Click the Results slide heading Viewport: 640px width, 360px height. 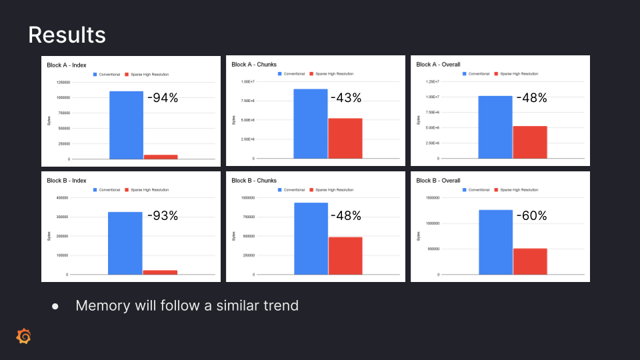pyautogui.click(x=67, y=35)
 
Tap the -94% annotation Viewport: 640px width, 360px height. pyautogui.click(x=163, y=98)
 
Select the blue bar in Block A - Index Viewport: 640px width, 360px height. pyautogui.click(x=127, y=125)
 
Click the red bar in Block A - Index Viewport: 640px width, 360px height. pyautogui.click(x=161, y=157)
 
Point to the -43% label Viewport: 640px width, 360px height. pyautogui.click(x=346, y=98)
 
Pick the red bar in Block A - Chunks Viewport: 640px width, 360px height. pyautogui.click(x=345, y=138)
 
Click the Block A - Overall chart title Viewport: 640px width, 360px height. pyautogui.click(x=437, y=65)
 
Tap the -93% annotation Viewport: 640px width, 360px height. pyautogui.click(x=162, y=216)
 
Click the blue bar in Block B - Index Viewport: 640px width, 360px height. pyautogui.click(x=125, y=243)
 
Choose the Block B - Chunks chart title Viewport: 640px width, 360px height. pyautogui.click(x=254, y=181)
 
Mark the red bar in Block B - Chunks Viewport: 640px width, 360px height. pyautogui.click(x=345, y=255)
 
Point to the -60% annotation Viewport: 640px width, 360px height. pyautogui.click(x=531, y=216)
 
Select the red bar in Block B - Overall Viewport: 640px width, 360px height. pyautogui.click(x=530, y=261)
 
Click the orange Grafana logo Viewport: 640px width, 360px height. pyautogui.click(x=23, y=337)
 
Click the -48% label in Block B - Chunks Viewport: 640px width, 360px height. pyautogui.click(x=346, y=216)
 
